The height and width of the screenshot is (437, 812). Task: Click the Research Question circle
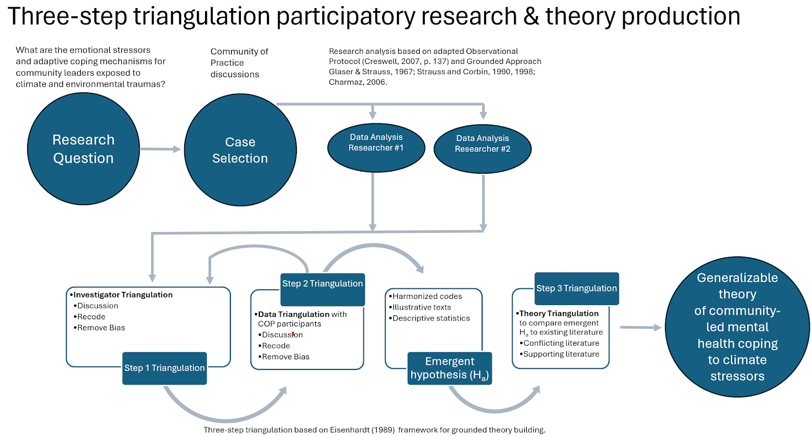coord(83,149)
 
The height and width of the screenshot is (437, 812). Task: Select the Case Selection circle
coord(240,150)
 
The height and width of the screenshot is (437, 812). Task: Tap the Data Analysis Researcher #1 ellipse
coord(376,148)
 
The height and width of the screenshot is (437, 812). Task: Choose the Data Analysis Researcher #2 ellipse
coord(482,149)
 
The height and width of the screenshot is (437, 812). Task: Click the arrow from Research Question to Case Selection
coord(160,149)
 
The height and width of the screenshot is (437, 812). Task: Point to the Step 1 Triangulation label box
coord(164,368)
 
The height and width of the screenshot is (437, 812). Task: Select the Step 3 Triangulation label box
coord(577,288)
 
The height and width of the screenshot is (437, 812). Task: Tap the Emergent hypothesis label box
coord(450,368)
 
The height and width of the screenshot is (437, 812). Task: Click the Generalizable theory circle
coord(737,327)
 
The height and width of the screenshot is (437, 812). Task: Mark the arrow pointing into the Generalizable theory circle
coord(640,327)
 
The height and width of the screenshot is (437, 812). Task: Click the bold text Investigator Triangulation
coord(123,295)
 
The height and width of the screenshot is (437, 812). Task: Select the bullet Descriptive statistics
coord(431,318)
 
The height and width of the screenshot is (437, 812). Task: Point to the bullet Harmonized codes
coord(427,296)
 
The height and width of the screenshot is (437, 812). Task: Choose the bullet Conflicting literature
coord(561,343)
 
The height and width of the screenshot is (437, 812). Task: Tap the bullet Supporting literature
coord(561,354)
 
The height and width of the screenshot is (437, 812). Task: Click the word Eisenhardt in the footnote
coord(350,430)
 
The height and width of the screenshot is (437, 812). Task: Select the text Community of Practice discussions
coord(239,63)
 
